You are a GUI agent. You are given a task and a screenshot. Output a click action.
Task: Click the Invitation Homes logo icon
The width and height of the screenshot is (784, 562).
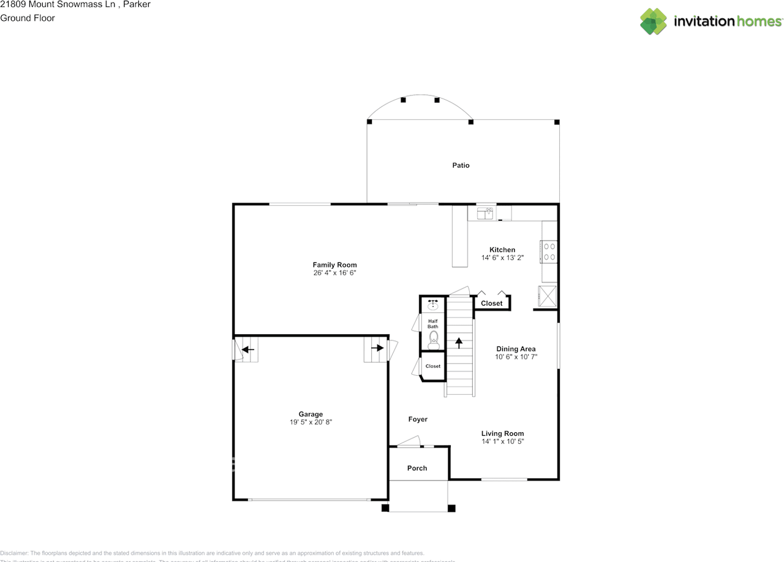click(x=654, y=21)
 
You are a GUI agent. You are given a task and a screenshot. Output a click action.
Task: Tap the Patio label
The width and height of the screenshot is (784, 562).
click(x=461, y=165)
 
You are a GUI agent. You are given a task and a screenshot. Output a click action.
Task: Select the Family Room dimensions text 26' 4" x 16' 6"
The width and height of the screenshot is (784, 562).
click(x=334, y=273)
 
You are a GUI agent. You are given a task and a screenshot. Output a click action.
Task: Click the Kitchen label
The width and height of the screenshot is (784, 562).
click(x=502, y=250)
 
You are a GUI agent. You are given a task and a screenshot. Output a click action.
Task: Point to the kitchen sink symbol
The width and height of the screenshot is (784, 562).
click(x=486, y=212)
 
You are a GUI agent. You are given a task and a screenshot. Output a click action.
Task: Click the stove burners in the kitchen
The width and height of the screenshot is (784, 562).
click(x=549, y=251)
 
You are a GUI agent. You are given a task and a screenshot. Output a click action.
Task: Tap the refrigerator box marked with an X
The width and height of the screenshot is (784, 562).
click(x=548, y=296)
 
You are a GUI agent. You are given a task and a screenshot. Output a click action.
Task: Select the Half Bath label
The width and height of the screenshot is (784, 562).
click(x=433, y=324)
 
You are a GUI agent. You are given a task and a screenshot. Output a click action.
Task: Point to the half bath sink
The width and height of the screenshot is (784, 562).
click(x=433, y=304)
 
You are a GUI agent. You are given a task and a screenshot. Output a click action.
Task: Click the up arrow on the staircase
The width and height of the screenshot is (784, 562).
click(x=459, y=343)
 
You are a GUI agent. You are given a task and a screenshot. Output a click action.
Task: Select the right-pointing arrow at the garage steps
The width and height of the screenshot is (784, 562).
click(x=377, y=348)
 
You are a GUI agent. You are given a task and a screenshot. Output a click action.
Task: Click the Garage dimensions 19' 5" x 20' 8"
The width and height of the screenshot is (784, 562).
click(x=311, y=422)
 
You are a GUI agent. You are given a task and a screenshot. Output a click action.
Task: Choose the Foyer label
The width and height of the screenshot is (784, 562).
click(x=418, y=419)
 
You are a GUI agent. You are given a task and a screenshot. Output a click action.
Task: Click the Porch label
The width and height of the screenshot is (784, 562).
click(x=417, y=468)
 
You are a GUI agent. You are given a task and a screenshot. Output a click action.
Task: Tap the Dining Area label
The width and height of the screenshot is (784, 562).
click(x=516, y=349)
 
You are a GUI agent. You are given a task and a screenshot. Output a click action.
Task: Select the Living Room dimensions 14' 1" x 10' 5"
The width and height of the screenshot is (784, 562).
click(x=502, y=441)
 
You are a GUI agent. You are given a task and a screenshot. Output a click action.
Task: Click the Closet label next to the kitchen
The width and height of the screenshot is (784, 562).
click(x=491, y=303)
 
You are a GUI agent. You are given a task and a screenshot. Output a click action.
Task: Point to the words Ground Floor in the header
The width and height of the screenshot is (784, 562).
click(x=28, y=18)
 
